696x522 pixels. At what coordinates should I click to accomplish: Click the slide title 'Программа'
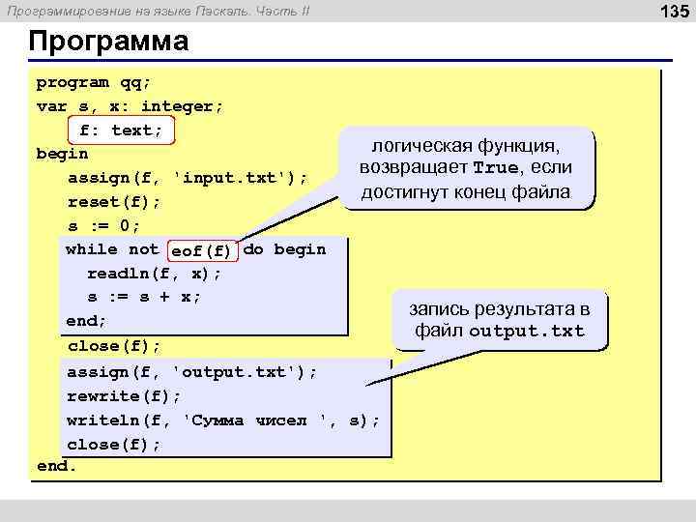pos(108,43)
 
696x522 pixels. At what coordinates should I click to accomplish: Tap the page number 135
pos(673,12)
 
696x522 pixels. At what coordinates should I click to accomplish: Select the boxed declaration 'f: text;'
pos(121,130)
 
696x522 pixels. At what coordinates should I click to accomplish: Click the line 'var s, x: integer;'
pos(130,106)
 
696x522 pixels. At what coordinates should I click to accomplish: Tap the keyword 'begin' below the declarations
pos(62,154)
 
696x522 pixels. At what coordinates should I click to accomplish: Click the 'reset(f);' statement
pos(114,202)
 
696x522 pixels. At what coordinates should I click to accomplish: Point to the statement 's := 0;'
pos(103,226)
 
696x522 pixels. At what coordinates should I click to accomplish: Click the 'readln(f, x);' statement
pos(155,274)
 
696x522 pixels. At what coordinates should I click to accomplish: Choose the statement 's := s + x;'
pos(144,297)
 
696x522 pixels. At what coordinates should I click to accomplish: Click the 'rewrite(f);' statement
pos(124,396)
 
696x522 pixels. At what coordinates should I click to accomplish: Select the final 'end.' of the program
pos(56,466)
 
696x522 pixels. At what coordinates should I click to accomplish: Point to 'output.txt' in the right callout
pos(527,332)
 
